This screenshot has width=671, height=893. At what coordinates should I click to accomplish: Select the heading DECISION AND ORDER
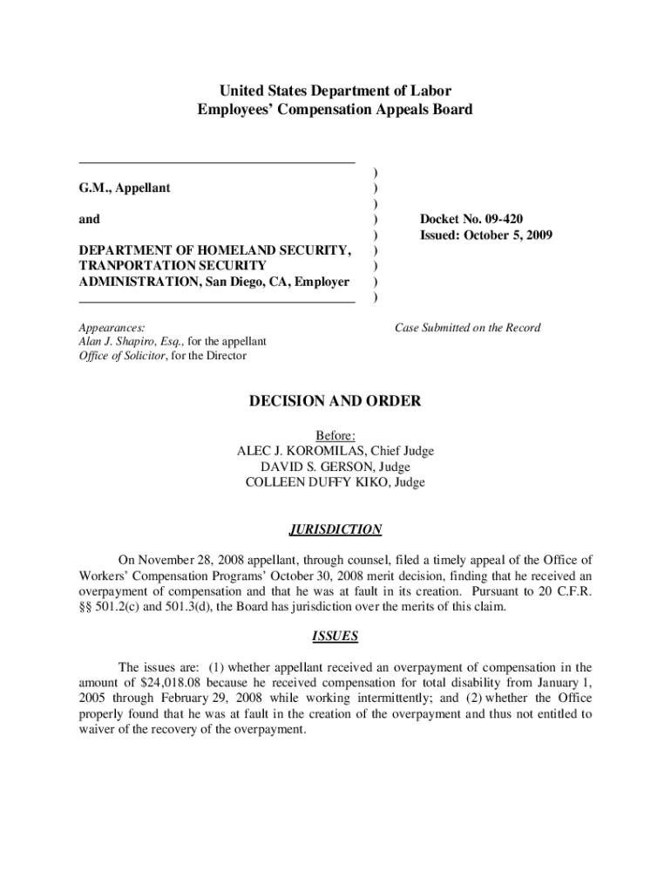[x=335, y=401]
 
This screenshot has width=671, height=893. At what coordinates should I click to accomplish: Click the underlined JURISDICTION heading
[x=335, y=529]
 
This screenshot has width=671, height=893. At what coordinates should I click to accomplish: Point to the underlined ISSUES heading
[x=335, y=637]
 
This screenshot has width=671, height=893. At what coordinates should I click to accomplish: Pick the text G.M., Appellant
[x=125, y=187]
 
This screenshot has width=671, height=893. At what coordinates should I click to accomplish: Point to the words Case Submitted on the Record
[x=467, y=328]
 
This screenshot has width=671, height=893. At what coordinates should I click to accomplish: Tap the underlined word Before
[x=335, y=435]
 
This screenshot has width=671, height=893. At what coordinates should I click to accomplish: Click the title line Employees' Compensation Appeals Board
[x=335, y=110]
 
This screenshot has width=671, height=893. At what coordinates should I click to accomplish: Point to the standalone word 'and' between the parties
[x=89, y=220]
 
